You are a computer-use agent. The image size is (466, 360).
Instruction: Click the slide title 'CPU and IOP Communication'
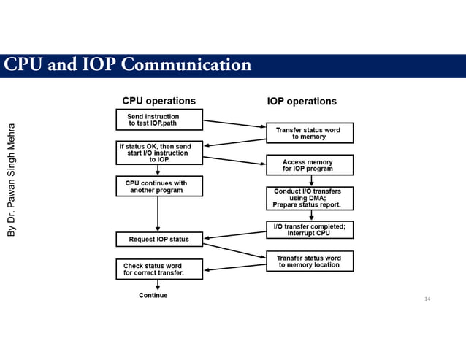(x=128, y=66)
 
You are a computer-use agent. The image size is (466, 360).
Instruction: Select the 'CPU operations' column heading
(x=158, y=101)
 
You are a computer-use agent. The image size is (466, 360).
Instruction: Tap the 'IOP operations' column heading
(x=302, y=101)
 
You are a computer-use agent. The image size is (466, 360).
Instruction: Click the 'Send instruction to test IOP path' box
(x=158, y=120)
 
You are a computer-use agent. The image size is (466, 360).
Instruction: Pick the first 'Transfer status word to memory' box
(x=310, y=133)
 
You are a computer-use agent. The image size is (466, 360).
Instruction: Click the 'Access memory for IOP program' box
(x=310, y=165)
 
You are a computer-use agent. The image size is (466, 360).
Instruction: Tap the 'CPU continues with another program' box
(x=158, y=186)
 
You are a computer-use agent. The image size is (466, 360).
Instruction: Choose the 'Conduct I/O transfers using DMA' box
(x=310, y=198)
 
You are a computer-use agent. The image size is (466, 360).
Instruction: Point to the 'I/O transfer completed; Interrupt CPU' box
(x=310, y=229)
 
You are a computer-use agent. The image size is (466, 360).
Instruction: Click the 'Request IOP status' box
(x=158, y=239)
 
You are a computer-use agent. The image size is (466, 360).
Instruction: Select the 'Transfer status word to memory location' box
(x=310, y=261)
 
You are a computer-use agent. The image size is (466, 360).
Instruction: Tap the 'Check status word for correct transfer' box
(x=158, y=269)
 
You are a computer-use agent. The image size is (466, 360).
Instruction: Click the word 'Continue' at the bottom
(x=153, y=296)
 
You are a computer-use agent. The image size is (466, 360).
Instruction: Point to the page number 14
(x=427, y=299)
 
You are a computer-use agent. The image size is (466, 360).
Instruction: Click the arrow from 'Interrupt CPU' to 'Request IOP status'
(x=235, y=234)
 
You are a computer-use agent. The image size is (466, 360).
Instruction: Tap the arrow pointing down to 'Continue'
(x=158, y=285)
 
